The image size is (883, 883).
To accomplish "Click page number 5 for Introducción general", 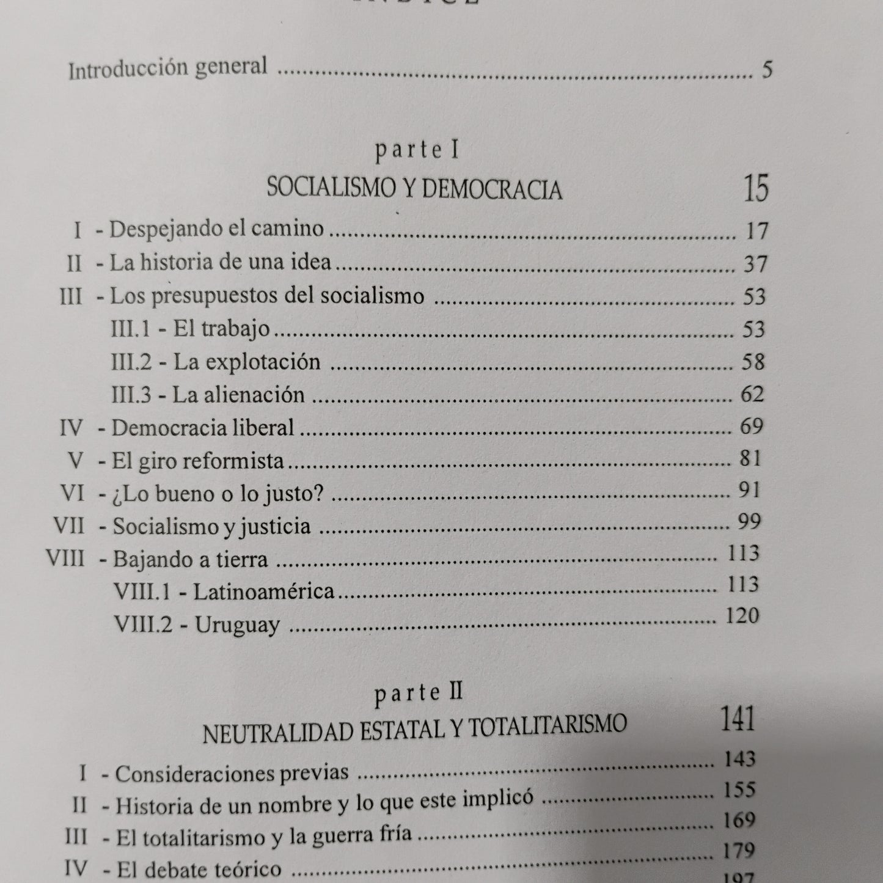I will click(x=767, y=70).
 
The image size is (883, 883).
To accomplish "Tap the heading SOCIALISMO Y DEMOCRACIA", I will click(x=414, y=190).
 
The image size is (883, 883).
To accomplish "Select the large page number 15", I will click(x=755, y=188).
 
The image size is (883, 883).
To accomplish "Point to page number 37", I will click(x=755, y=264).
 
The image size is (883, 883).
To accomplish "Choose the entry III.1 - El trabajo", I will click(x=191, y=329).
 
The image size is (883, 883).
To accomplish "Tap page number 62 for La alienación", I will click(x=752, y=394).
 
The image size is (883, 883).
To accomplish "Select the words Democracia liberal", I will click(x=203, y=427).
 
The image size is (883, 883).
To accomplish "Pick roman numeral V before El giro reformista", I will click(x=76, y=460).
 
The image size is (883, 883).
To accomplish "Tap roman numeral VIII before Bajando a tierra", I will click(x=65, y=559).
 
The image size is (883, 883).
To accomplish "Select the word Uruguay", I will click(x=237, y=625).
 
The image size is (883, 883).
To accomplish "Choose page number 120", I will click(x=742, y=615).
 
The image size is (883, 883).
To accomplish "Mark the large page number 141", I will click(x=738, y=719).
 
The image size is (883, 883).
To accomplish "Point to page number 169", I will click(x=739, y=820).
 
